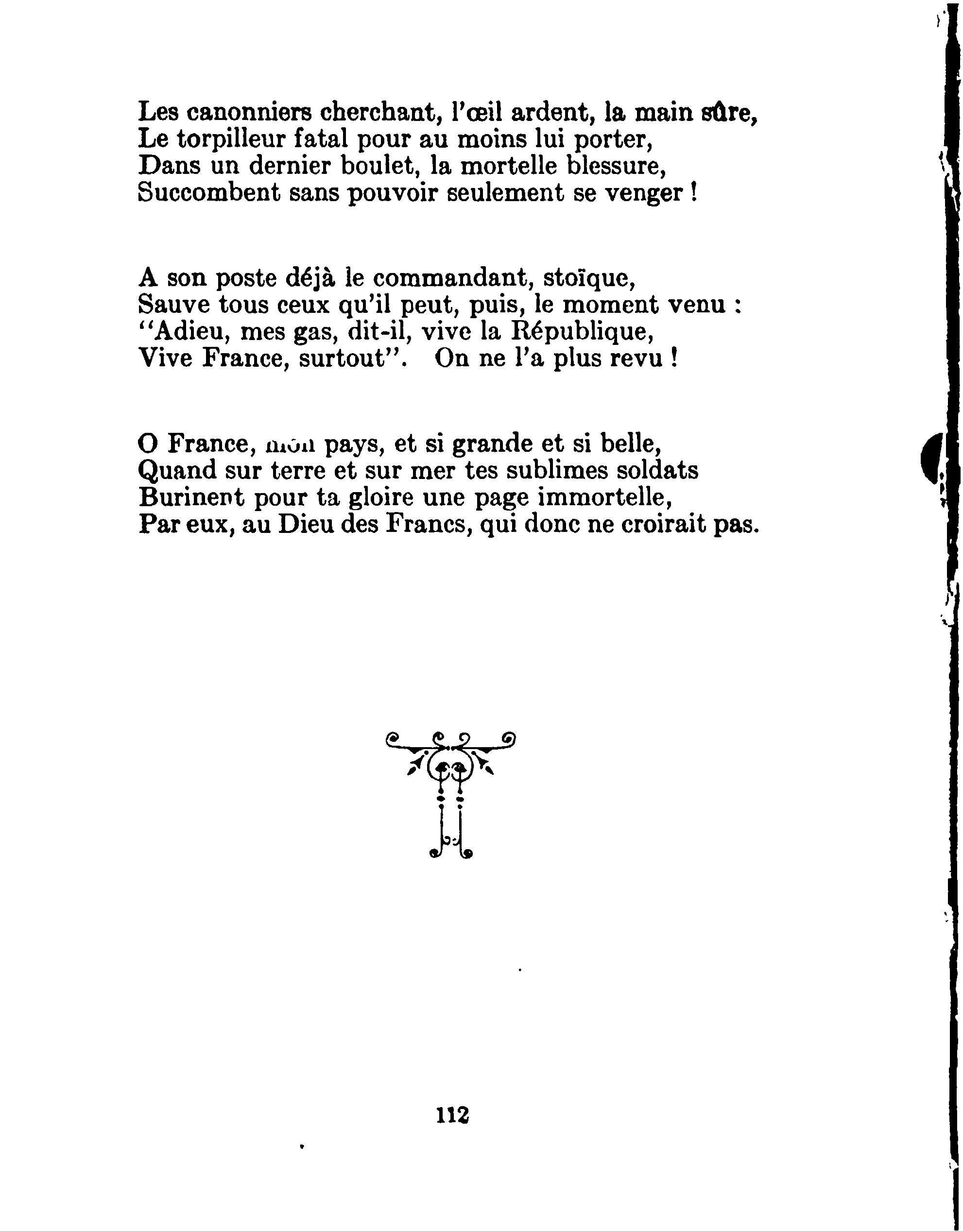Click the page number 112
(452, 1115)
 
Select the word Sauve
(172, 305)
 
